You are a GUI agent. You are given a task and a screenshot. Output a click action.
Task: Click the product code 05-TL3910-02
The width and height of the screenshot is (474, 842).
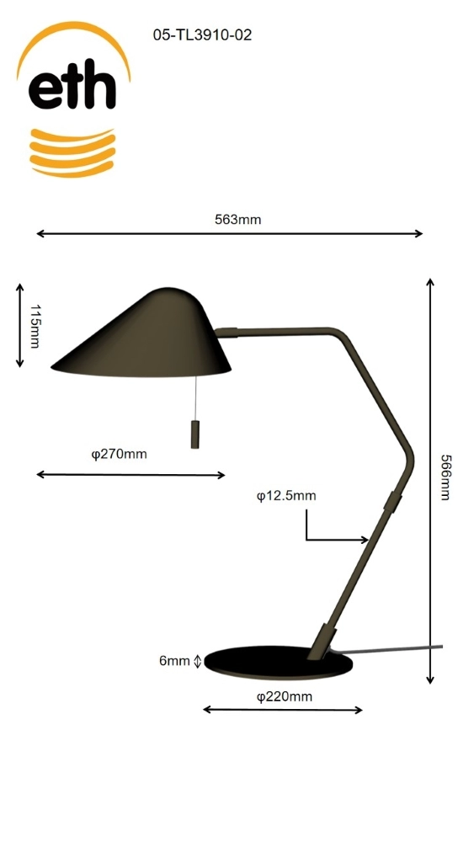[x=202, y=35]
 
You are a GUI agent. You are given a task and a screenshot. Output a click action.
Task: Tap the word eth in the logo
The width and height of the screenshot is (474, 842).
[x=72, y=88]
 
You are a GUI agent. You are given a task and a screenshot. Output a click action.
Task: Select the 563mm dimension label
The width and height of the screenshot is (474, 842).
[x=237, y=220]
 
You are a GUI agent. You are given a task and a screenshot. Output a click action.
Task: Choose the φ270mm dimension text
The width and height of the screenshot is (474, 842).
[x=119, y=454]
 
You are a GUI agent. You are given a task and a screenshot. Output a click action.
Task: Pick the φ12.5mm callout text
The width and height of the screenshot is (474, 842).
[x=286, y=496]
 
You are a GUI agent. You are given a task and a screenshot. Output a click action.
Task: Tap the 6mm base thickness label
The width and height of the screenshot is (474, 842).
[x=174, y=661]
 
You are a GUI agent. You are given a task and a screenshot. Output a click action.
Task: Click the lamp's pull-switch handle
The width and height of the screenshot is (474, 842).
[x=195, y=434]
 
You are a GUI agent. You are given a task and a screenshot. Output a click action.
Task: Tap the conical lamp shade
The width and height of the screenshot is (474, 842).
[x=152, y=337]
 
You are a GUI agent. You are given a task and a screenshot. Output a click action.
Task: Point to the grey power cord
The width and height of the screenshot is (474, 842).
[x=396, y=649]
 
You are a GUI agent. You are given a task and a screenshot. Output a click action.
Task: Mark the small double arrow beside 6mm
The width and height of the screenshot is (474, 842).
[x=198, y=662]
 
